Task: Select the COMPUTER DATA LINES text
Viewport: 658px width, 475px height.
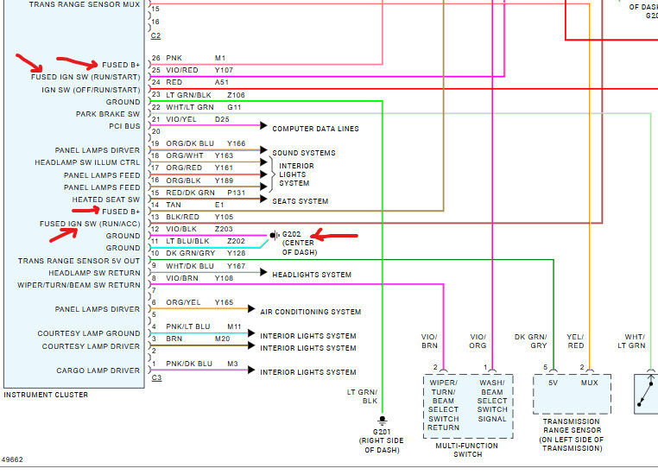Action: [315, 129]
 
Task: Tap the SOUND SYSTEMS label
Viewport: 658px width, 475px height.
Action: [304, 153]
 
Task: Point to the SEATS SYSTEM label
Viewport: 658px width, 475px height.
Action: [301, 201]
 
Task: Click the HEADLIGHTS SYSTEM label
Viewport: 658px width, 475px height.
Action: [312, 275]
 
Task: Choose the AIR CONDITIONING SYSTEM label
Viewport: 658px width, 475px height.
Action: [311, 311]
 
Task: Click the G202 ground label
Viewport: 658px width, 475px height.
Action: [292, 234]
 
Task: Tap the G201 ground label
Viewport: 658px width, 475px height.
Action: [381, 432]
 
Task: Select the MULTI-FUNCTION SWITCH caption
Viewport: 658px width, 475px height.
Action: [467, 450]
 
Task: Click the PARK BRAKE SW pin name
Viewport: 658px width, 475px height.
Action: [107, 114]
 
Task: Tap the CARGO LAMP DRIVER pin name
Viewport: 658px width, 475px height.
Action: [98, 370]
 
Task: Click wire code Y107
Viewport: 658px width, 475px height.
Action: [225, 70]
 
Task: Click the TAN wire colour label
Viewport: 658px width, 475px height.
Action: [174, 205]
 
